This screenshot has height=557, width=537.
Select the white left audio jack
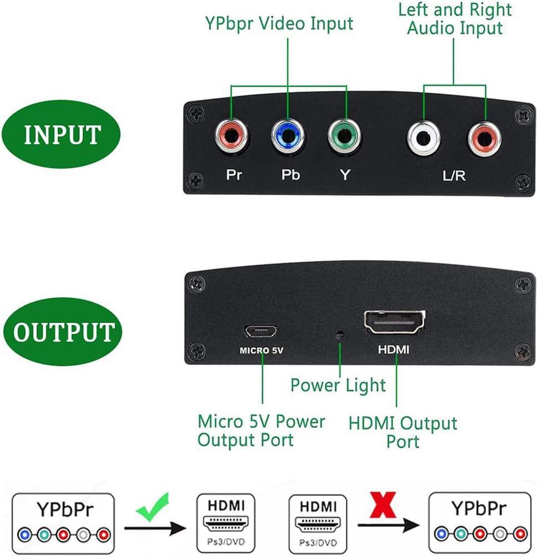[x=424, y=138]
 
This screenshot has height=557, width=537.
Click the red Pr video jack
[x=232, y=136]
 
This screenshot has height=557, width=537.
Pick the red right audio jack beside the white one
[x=485, y=139]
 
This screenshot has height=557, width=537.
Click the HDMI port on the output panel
[x=394, y=322]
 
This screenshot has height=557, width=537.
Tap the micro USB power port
[x=261, y=332]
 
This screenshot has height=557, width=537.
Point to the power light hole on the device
[x=339, y=335]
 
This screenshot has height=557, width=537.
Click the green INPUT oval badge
[x=61, y=134]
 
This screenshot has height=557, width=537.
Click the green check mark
[x=153, y=507]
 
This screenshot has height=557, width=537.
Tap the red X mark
[x=383, y=505]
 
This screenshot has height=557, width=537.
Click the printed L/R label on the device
[x=454, y=176]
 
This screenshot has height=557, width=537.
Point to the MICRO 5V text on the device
[x=261, y=351]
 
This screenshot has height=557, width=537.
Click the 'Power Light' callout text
[x=338, y=385]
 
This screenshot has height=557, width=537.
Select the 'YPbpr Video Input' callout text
[x=279, y=23]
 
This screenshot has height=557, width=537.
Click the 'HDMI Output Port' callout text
[x=403, y=432]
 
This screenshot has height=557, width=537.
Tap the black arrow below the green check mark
[x=155, y=528]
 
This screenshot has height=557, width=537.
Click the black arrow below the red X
[x=388, y=525]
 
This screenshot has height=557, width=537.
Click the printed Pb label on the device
[x=290, y=174]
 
